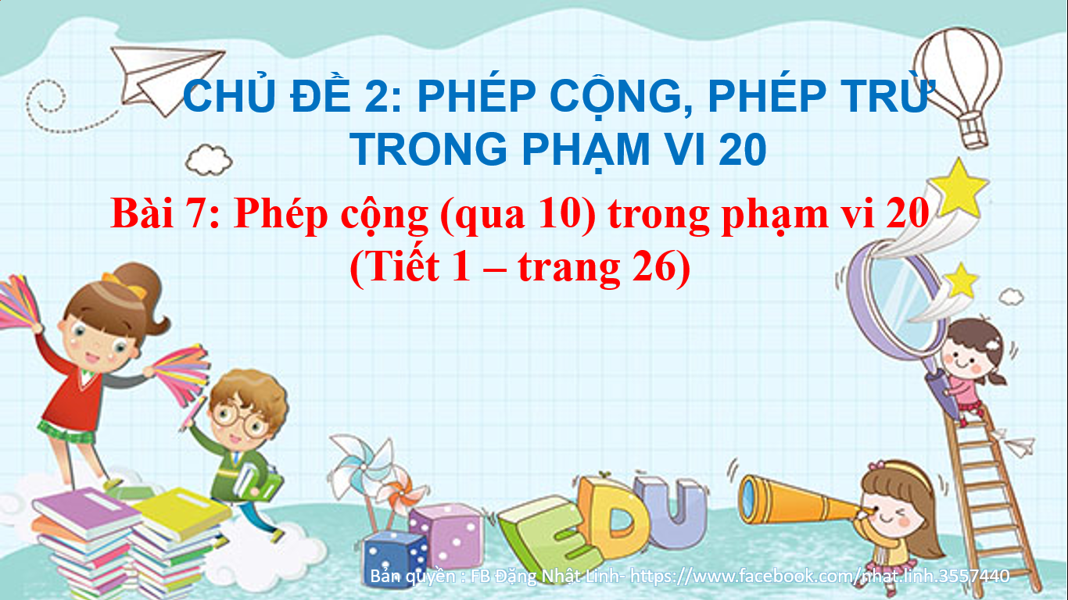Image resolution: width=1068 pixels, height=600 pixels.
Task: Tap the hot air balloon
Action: (959, 86)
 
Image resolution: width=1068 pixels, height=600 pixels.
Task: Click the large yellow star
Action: (958, 189)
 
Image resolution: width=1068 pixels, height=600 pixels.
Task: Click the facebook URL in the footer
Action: (819, 576)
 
